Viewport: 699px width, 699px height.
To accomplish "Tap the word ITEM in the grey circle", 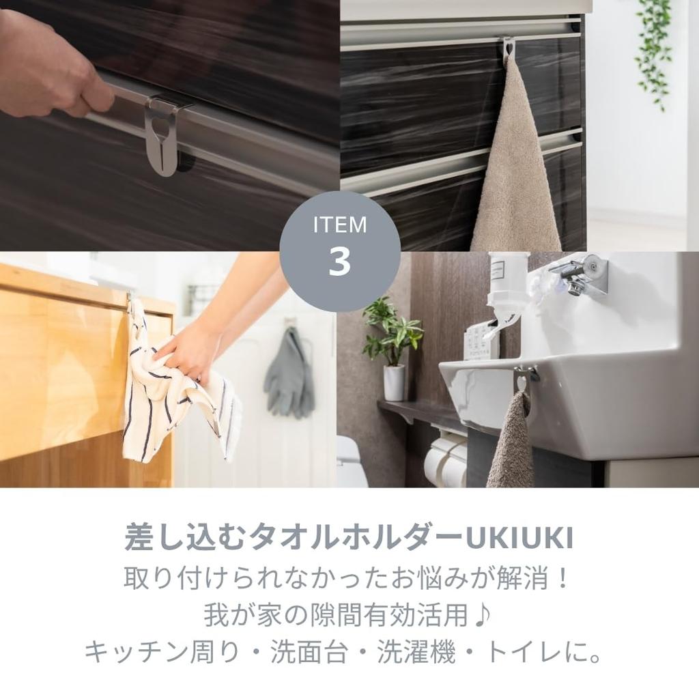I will (339, 225).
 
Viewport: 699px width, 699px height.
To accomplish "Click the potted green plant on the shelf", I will (393, 334).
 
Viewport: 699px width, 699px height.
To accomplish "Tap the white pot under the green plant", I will (394, 382).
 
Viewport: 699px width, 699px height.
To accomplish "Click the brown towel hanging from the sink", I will (511, 444).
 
